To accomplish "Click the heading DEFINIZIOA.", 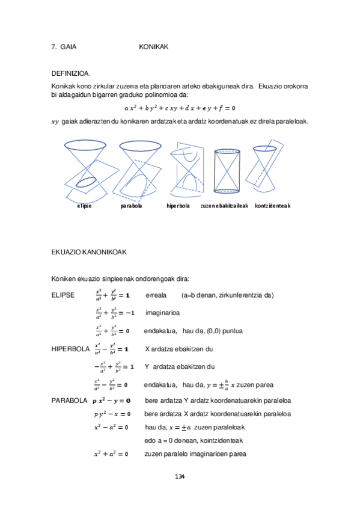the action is click(x=72, y=73).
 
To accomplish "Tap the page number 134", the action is click(x=180, y=477).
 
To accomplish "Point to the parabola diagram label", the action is click(x=131, y=206).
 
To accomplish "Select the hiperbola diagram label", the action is click(x=178, y=206).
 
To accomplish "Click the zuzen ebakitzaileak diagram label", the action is click(x=224, y=206).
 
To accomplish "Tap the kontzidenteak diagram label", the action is click(x=273, y=206).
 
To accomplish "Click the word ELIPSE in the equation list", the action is click(x=64, y=295).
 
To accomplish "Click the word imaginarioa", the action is click(x=162, y=313).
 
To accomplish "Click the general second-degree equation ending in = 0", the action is click(x=180, y=108).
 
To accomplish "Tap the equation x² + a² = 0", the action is click(x=111, y=454).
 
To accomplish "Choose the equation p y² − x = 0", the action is click(x=112, y=414).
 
